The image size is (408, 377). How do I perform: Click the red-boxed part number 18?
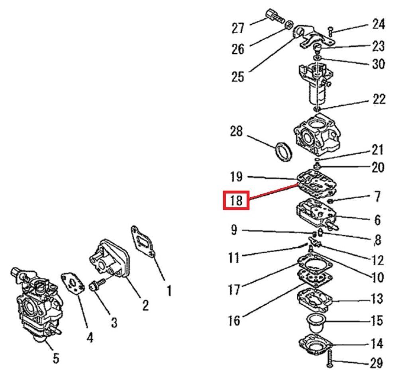pos(236,200)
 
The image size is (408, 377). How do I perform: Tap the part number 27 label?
pos(238,28)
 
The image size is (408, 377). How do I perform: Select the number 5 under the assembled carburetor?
pos(56,358)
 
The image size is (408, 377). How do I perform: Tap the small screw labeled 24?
pos(331,31)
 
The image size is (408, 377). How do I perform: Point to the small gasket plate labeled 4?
pos(73,284)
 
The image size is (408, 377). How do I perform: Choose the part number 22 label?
pos(379,99)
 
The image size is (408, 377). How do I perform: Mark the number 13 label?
pos(377,298)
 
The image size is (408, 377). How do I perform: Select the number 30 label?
pos(379,63)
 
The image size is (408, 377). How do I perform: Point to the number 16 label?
pos(234,320)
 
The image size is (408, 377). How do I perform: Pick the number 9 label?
pos(234,230)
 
